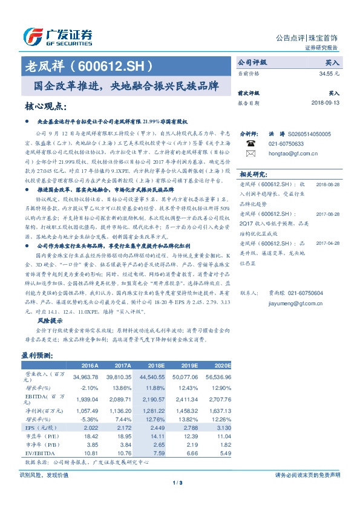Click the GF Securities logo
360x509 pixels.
[x=57, y=36]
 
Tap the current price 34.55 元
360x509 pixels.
[x=330, y=73]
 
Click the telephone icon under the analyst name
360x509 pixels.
[x=250, y=144]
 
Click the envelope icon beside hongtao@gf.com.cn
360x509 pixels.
[x=250, y=154]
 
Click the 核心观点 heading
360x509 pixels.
[x=45, y=106]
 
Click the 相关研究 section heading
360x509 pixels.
[x=254, y=174]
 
